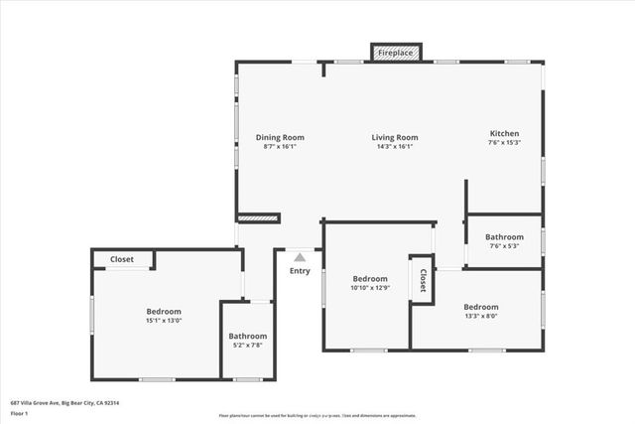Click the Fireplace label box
[x=397, y=52]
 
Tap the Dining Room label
[x=280, y=137]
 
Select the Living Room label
[x=395, y=137]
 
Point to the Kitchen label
[x=504, y=133]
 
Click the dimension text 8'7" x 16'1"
[x=280, y=147]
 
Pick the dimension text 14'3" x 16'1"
[x=395, y=147]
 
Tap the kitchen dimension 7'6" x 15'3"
[x=504, y=143]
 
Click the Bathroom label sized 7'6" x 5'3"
[x=504, y=237]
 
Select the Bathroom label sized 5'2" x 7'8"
[x=247, y=336]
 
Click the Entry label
[x=300, y=271]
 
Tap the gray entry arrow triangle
[x=300, y=257]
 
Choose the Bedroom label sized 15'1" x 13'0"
[x=165, y=310]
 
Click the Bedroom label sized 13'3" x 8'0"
[x=480, y=307]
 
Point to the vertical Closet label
[x=423, y=279]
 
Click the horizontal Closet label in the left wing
[x=122, y=259]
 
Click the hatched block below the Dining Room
[x=258, y=217]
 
